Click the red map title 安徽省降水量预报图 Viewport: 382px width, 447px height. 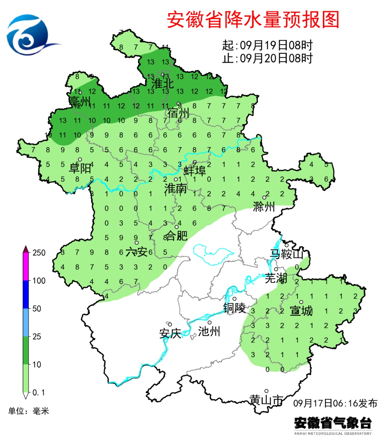253,20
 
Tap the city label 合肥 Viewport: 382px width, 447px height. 176,235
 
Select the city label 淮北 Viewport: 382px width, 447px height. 162,84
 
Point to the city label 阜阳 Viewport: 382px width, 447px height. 80,168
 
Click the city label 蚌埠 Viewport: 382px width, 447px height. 195,171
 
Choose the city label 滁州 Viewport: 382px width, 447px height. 264,206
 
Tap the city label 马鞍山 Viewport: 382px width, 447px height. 286,254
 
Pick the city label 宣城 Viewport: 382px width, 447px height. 301,311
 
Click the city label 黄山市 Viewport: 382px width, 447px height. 266,400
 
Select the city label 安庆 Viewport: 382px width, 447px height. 170,333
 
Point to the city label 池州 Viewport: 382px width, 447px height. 209,331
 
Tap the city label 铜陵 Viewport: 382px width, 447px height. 234,308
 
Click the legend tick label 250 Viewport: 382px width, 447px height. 39,253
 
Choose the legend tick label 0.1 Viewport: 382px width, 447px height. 39,393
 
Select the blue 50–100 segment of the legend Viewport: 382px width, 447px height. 26,295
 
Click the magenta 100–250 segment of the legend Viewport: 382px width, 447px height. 26,267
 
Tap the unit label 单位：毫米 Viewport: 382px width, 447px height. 29,411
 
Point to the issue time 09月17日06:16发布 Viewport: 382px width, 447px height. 335,403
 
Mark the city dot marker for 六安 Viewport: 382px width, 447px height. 137,243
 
